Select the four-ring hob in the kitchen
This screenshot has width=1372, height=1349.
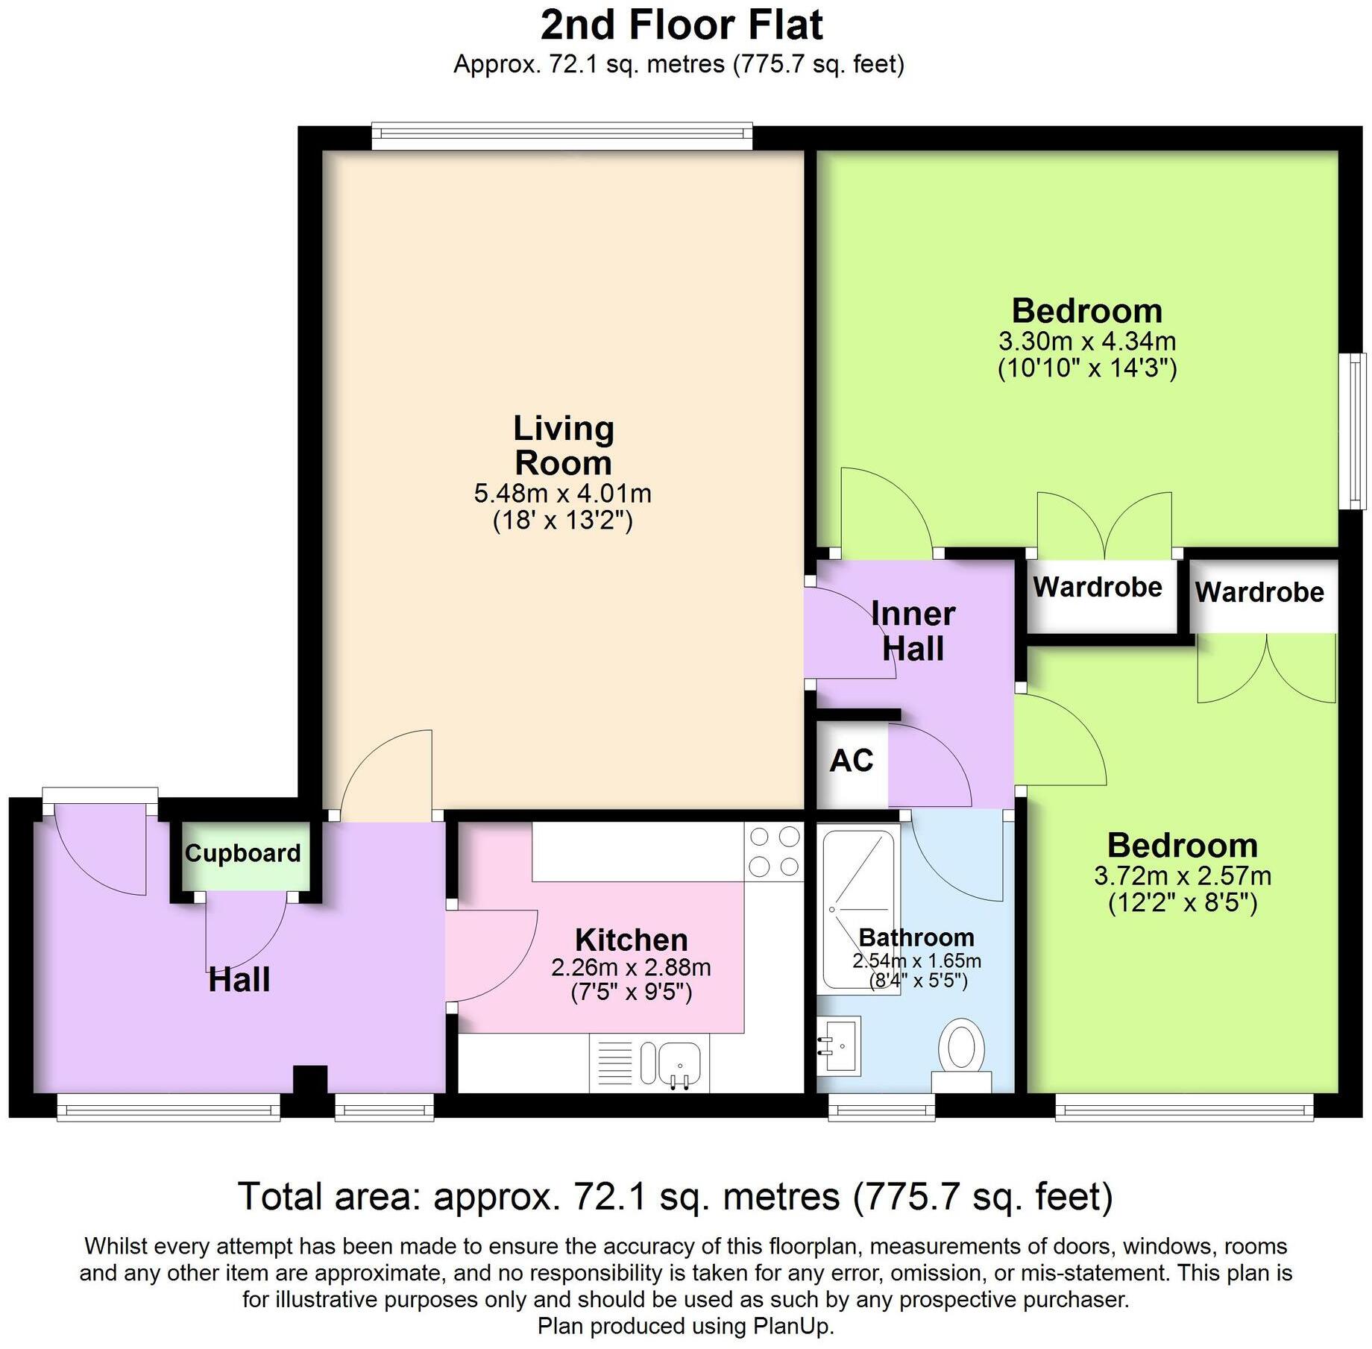pos(774,852)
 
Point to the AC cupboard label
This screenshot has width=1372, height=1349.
pos(851,761)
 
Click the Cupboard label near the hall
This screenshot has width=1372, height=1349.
pos(242,853)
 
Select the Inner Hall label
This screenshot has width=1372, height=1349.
pos(913,631)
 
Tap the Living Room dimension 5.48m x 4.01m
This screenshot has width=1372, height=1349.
pos(563,494)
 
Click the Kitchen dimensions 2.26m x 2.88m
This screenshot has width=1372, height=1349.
pos(631,968)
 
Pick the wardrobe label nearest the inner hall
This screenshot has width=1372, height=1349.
pos(1098,588)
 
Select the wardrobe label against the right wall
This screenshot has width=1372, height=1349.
pos(1259,592)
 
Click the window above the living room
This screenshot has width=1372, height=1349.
pos(561,133)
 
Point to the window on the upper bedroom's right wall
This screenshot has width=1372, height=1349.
pos(1353,431)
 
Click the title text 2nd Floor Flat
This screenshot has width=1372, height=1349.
pos(682,25)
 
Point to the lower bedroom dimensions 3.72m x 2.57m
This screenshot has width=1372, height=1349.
pos(1183,875)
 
